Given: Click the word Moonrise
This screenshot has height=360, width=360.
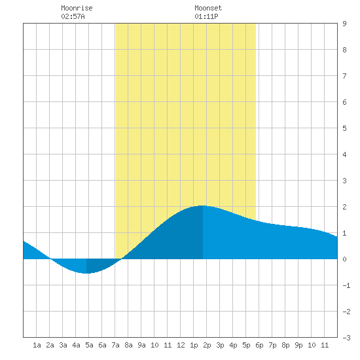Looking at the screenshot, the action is coord(77,8).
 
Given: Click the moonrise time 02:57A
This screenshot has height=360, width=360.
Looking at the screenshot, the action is coord(73,16).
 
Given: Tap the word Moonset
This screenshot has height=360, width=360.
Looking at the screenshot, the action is coord(208,8).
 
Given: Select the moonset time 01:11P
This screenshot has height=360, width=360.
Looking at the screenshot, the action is coord(206,16).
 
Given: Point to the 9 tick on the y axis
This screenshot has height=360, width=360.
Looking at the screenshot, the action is coord(344,24).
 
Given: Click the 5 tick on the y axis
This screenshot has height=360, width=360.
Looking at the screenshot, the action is coord(344,128).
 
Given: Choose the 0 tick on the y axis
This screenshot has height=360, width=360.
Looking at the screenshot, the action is coord(344,259).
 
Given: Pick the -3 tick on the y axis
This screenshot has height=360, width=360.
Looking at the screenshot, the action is coord(346,338).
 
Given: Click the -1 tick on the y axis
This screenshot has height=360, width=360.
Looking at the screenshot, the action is coord(346,285).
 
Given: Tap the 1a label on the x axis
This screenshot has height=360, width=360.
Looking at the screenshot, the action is coord(37,345).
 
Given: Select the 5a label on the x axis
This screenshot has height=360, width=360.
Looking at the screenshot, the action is coord(89,345).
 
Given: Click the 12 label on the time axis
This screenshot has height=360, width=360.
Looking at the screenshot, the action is coord(181,345).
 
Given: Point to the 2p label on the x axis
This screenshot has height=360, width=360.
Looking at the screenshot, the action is coord(207,345).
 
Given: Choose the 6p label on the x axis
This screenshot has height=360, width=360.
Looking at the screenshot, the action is coord(259,345).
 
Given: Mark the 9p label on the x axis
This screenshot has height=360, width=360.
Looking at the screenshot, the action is coord(298,345).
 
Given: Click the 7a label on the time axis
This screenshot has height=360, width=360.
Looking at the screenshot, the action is coord(115,345).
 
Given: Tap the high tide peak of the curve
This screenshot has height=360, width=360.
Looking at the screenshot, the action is coord(202,206).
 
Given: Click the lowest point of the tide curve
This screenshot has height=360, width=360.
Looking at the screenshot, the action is coord(86,273).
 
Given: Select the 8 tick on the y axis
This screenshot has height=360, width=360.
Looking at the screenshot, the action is coord(344,50).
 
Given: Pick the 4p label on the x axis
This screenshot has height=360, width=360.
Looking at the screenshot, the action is coord(233,345).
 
